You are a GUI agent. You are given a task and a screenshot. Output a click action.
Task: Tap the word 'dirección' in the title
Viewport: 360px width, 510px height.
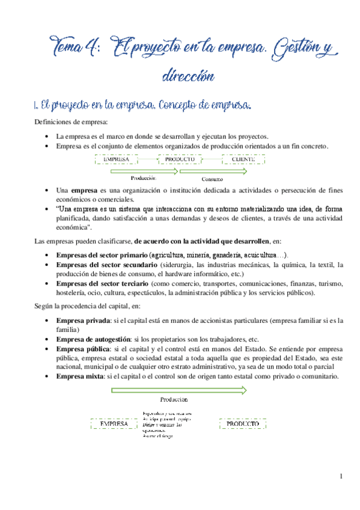coord(188,76)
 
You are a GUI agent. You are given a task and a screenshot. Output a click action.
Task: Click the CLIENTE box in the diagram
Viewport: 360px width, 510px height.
coord(243,159)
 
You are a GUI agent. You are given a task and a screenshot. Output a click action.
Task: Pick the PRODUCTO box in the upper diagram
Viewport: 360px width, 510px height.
coord(180,159)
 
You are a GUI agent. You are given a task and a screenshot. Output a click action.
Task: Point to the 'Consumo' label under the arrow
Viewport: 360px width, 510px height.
coord(212,179)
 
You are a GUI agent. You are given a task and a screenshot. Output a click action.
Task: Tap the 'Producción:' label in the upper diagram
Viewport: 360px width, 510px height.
coord(144,177)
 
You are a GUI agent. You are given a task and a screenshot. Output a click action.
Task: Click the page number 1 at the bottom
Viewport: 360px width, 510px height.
coord(341,477)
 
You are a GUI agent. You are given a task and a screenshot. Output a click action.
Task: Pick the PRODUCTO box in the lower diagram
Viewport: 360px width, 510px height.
coord(243,424)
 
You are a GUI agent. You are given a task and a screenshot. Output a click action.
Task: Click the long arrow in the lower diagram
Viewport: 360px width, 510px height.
coord(178,390)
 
